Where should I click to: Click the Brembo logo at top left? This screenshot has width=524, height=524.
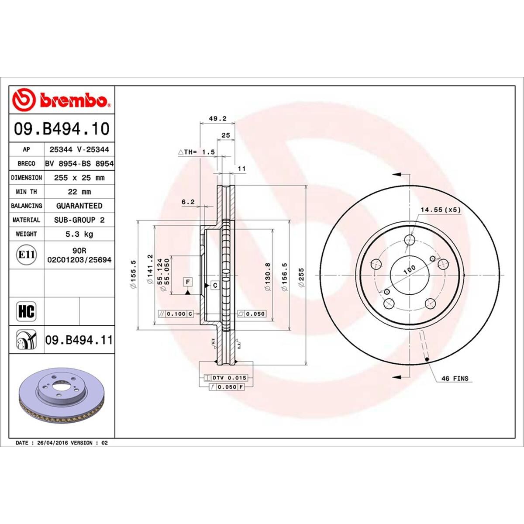pyautogui.click(x=61, y=100)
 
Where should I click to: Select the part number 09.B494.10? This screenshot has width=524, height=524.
pyautogui.click(x=62, y=129)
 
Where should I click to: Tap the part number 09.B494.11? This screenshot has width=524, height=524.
pyautogui.click(x=79, y=339)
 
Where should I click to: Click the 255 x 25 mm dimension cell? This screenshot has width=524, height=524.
pyautogui.click(x=79, y=178)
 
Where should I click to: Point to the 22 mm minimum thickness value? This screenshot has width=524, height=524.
pyautogui.click(x=79, y=192)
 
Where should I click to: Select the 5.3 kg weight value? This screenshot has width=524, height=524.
pyautogui.click(x=79, y=234)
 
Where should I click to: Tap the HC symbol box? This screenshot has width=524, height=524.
pyautogui.click(x=26, y=311)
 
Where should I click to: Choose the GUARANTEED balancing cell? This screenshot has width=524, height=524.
pyautogui.click(x=79, y=206)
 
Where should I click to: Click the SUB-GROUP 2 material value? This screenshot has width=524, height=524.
pyautogui.click(x=79, y=220)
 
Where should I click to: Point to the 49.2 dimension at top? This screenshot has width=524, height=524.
pyautogui.click(x=217, y=118)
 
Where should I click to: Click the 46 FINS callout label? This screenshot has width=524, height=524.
pyautogui.click(x=455, y=379)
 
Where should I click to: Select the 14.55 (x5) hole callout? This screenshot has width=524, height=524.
pyautogui.click(x=440, y=210)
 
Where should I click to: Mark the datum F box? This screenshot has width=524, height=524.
pyautogui.click(x=188, y=282)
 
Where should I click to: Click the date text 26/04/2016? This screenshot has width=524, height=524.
pyautogui.click(x=62, y=443)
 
